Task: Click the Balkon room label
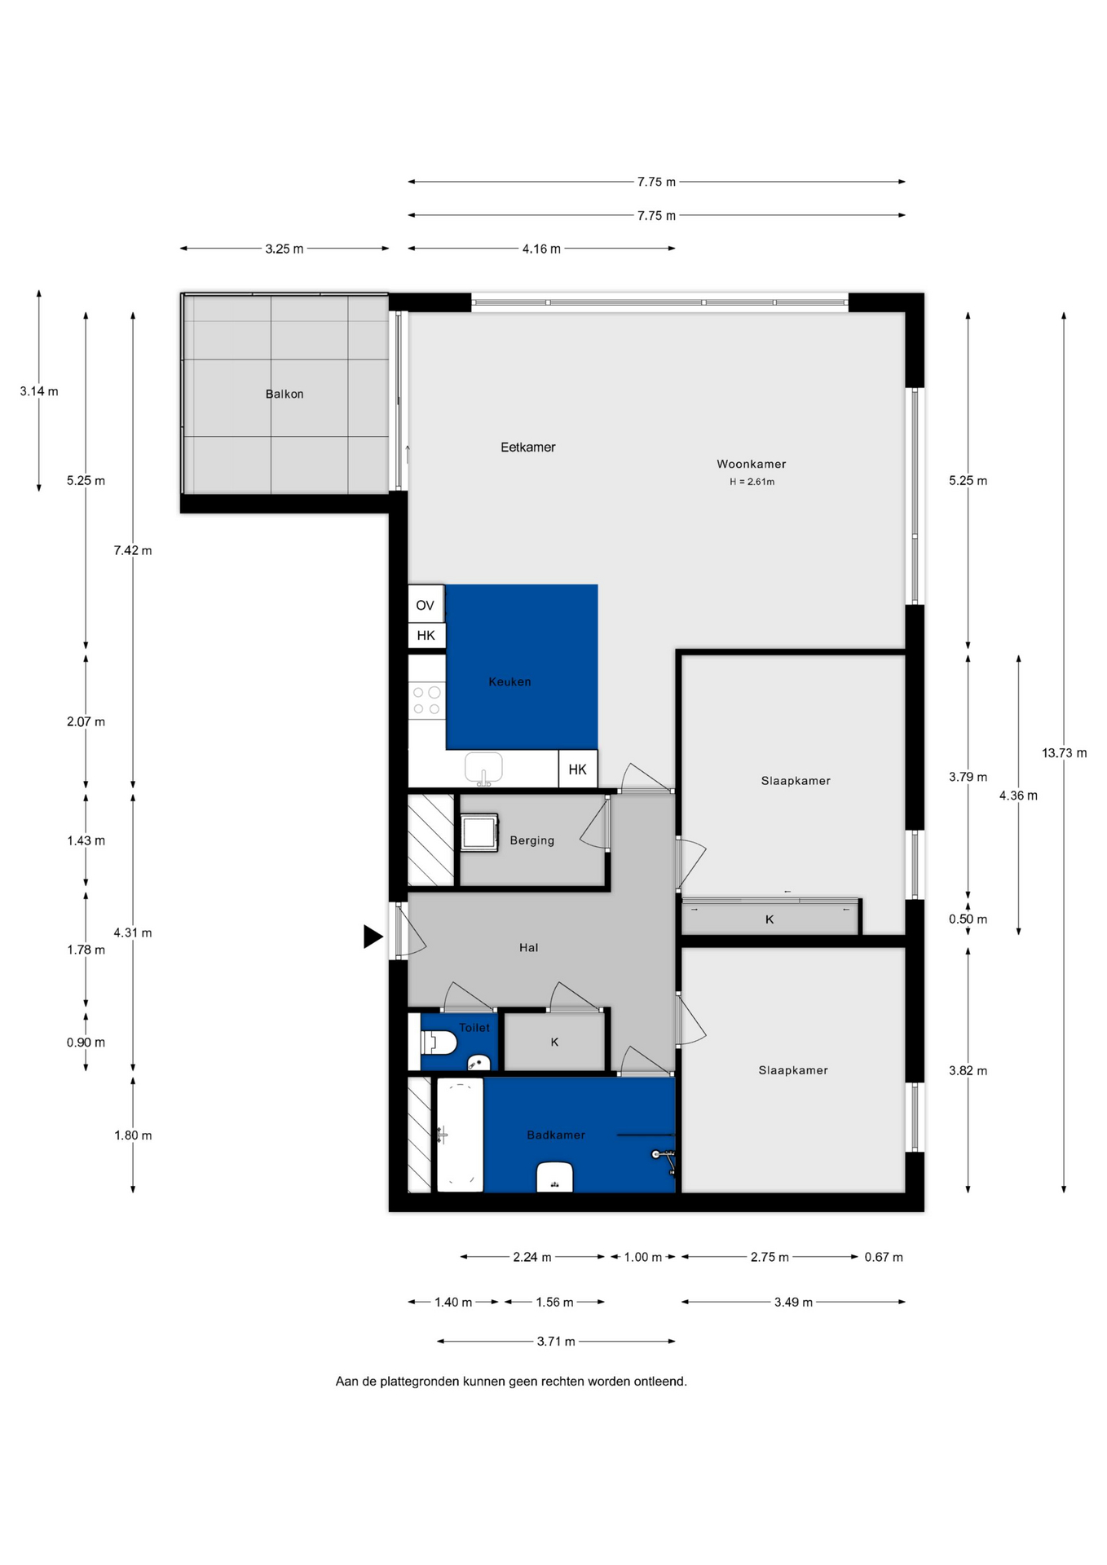click(x=284, y=394)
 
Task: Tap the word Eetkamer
click(x=527, y=447)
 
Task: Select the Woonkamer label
click(x=752, y=464)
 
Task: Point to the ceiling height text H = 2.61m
click(x=752, y=482)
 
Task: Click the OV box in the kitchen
click(x=426, y=605)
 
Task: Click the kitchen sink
click(x=483, y=768)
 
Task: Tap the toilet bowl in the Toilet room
click(x=438, y=1042)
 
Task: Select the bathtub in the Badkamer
click(x=460, y=1135)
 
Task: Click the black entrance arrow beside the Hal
click(x=373, y=937)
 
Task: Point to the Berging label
click(x=531, y=840)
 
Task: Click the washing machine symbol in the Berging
click(x=479, y=832)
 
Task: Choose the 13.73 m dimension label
click(x=1064, y=753)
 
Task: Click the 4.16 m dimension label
click(x=541, y=249)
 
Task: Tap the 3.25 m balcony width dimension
click(x=284, y=249)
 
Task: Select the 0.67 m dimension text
click(x=884, y=1257)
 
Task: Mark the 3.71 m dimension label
click(x=556, y=1341)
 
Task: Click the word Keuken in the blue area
click(x=509, y=681)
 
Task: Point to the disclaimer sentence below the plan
click(x=511, y=1381)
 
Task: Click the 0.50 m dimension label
click(x=968, y=919)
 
